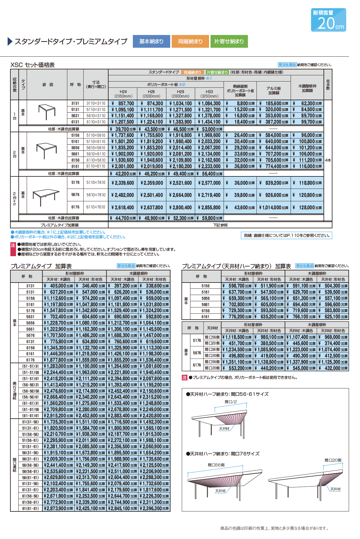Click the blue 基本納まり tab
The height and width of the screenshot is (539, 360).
(x=151, y=41)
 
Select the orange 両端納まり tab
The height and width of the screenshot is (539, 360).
(x=190, y=41)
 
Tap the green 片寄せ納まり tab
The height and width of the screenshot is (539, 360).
(x=229, y=41)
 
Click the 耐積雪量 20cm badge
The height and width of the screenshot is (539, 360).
(x=329, y=20)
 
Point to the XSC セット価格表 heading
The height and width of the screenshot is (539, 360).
(x=33, y=65)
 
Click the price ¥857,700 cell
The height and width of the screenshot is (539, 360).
(x=123, y=103)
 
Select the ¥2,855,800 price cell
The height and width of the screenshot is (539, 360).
(x=209, y=208)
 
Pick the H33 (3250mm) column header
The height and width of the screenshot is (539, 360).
(x=209, y=94)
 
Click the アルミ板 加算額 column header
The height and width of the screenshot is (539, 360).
(x=273, y=90)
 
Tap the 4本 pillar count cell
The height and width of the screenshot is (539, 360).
(x=328, y=160)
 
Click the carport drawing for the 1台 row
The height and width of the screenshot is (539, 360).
(x=47, y=112)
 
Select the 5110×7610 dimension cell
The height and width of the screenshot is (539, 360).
(x=96, y=183)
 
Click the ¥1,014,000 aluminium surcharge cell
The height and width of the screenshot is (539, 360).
(x=273, y=208)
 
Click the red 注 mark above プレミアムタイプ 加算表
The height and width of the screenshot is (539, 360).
(x=13, y=245)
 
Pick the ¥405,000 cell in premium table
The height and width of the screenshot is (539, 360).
(x=58, y=286)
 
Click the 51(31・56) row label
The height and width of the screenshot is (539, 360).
(x=30, y=422)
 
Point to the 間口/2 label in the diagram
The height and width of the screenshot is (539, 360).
(x=231, y=402)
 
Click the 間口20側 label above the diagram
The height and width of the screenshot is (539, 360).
(x=333, y=460)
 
